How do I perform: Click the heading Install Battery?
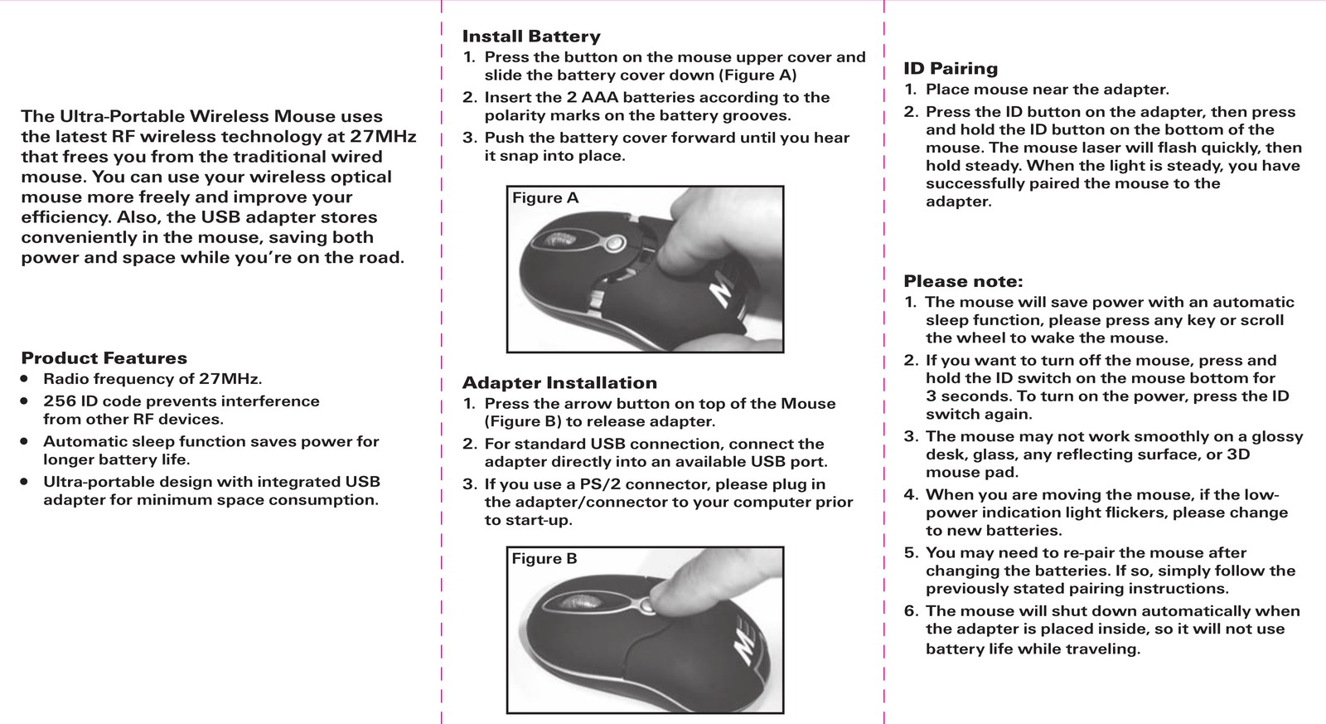click(531, 36)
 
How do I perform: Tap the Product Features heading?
click(104, 357)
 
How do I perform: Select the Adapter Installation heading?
click(559, 383)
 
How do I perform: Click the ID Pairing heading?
click(950, 69)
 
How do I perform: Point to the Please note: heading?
click(963, 281)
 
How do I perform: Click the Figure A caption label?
click(545, 198)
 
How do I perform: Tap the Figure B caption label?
click(544, 559)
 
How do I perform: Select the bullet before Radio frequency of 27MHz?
click(24, 379)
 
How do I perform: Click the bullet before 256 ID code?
click(24, 401)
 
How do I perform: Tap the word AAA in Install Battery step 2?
click(600, 97)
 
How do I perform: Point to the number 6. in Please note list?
click(911, 611)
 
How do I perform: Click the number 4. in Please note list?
click(911, 495)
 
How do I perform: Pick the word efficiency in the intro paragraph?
click(65, 217)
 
